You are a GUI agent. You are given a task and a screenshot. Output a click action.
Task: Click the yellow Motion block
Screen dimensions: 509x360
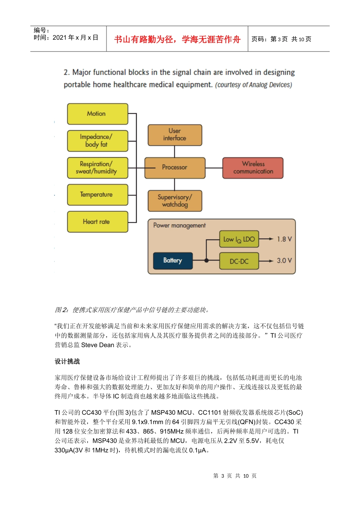[97, 114]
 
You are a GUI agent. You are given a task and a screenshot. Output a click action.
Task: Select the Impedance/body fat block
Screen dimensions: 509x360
[97, 141]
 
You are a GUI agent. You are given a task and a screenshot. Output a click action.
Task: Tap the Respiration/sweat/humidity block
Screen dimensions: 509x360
[97, 167]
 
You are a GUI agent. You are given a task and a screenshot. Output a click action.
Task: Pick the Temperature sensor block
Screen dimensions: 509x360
[97, 195]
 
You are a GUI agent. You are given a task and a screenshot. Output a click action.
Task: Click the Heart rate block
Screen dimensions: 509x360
[97, 222]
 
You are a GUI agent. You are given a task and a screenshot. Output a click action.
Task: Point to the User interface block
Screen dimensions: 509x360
[175, 135]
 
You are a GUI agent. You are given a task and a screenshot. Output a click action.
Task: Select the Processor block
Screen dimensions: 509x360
[175, 167]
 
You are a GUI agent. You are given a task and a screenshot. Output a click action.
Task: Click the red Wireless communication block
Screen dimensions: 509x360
[253, 167]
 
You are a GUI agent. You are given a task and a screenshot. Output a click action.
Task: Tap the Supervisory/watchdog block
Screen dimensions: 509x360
[175, 201]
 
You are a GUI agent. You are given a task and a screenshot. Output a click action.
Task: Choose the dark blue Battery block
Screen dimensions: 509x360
[173, 261]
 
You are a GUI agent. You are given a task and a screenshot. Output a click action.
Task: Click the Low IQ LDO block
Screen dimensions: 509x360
[239, 239]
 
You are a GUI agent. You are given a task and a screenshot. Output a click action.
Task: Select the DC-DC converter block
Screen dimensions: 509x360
[239, 261]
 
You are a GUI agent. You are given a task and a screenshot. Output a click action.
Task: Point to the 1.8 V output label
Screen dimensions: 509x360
[284, 239]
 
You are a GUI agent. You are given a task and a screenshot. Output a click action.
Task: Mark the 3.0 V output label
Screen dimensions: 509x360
[284, 261]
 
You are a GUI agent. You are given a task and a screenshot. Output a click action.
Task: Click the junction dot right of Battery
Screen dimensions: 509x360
[207, 261]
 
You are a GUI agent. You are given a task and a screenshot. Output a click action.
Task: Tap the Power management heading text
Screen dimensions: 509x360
[179, 225]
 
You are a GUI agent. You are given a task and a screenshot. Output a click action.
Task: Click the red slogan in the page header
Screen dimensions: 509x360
[177, 39]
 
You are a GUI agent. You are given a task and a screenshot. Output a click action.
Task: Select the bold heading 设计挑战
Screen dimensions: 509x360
[67, 361]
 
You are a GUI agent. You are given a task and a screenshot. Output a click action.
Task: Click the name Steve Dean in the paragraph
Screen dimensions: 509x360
[97, 345]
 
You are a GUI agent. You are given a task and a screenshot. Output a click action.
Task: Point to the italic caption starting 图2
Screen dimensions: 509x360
[132, 310]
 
